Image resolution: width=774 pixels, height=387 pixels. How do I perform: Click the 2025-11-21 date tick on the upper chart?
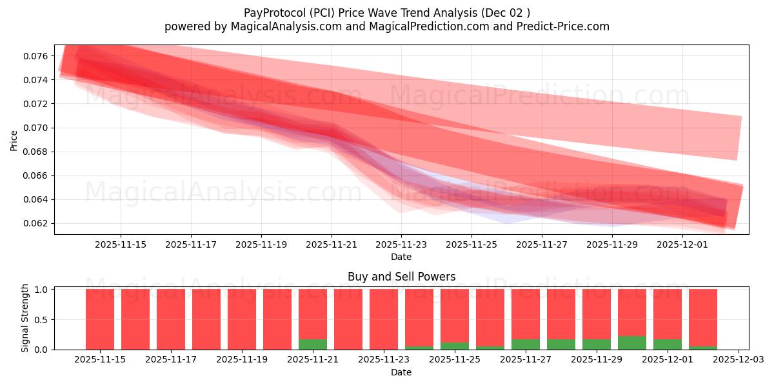(x=331, y=245)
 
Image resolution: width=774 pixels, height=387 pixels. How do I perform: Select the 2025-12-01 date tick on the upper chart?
(x=682, y=245)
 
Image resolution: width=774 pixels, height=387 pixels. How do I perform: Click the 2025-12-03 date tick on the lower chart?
(x=738, y=360)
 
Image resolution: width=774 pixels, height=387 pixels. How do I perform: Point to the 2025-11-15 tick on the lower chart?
(x=100, y=360)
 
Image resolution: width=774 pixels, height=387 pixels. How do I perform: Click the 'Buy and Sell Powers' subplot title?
(x=401, y=277)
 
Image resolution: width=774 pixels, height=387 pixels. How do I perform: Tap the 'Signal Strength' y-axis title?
(x=25, y=318)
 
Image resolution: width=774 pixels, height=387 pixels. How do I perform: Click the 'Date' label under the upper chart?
(x=401, y=257)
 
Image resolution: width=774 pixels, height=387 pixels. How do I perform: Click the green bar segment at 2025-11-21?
(x=313, y=344)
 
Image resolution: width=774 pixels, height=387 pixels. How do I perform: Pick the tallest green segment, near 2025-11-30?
(x=632, y=343)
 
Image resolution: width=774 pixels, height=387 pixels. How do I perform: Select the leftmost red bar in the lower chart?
(x=100, y=319)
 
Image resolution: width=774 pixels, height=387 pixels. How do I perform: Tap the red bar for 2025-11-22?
(x=348, y=319)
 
